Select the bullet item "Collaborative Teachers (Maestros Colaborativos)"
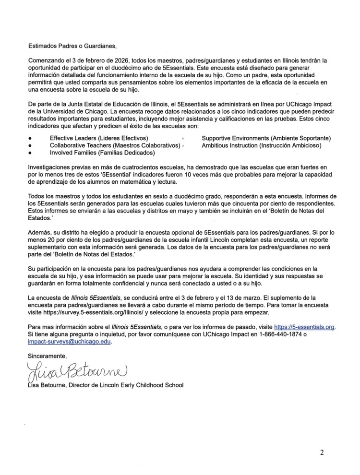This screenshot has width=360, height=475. tap(115, 145)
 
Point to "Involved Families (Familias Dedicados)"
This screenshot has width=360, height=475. tap(102, 153)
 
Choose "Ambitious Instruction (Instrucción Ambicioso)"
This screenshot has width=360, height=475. tap(261, 145)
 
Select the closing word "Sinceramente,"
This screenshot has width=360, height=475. tap(48, 356)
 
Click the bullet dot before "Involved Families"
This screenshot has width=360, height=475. tap(30, 154)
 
